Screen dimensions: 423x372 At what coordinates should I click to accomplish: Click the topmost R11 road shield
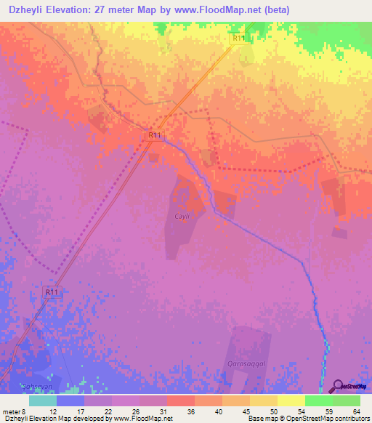click(x=238, y=38)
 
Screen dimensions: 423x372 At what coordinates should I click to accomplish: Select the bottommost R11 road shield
click(x=50, y=292)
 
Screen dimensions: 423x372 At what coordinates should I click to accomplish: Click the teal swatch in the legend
click(x=42, y=400)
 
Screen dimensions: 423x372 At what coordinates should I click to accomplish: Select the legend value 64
click(x=355, y=411)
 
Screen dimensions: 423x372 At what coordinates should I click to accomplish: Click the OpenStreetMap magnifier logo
click(x=337, y=386)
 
